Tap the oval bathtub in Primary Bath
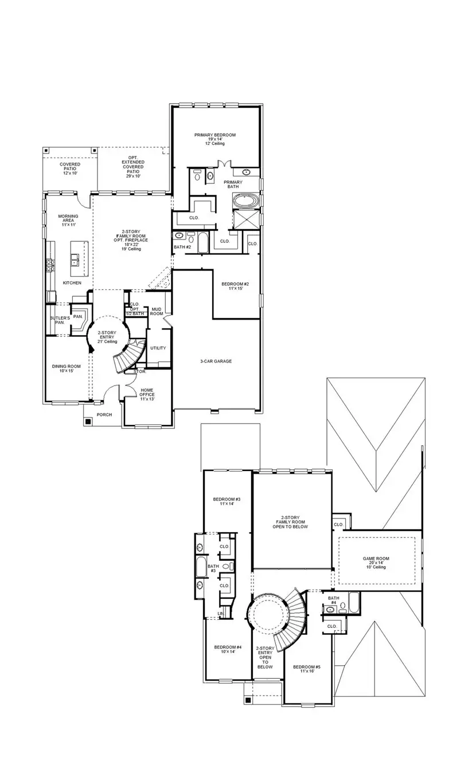pyautogui.click(x=246, y=201)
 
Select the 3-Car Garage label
pyautogui.click(x=216, y=361)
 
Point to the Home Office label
pyautogui.click(x=147, y=395)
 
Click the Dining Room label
pyautogui.click(x=66, y=369)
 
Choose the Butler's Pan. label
pyautogui.click(x=60, y=320)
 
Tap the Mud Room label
pyautogui.click(x=157, y=312)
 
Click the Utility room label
pyautogui.click(x=158, y=348)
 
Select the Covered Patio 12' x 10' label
pyautogui.click(x=70, y=168)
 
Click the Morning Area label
pyautogui.click(x=68, y=221)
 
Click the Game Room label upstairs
pyautogui.click(x=376, y=562)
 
